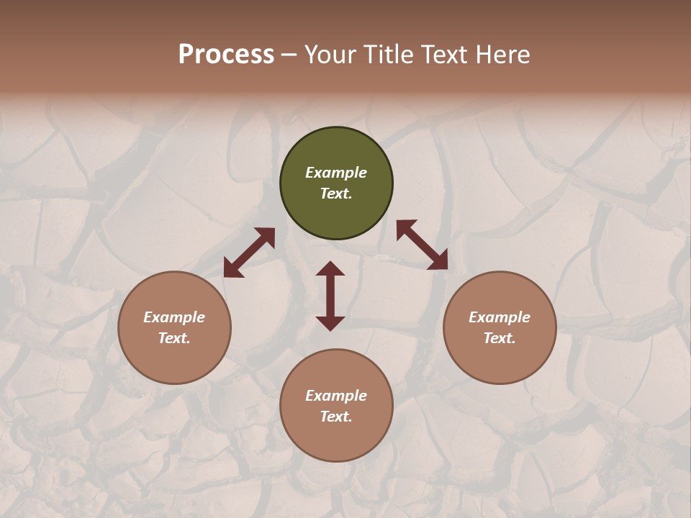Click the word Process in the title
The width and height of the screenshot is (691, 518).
[226, 55]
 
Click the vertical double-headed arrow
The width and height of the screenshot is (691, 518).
[330, 296]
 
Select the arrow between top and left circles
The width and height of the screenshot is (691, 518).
[249, 252]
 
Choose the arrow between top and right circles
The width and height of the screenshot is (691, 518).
[422, 245]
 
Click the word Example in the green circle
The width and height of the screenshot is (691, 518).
[336, 173]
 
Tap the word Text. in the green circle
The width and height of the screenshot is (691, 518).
[336, 194]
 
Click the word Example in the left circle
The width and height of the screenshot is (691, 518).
[174, 317]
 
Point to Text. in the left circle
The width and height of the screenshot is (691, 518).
[174, 338]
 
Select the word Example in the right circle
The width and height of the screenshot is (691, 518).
[500, 317]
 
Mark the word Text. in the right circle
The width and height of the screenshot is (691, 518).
[500, 338]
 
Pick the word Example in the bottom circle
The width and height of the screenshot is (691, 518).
[336, 396]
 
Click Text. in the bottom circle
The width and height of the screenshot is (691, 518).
[336, 417]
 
